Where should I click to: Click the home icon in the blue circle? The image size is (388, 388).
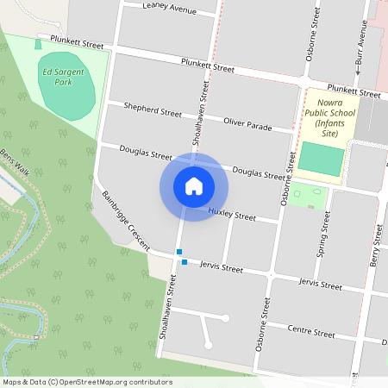[x=194, y=186]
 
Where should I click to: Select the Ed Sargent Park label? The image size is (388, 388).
[x=63, y=78]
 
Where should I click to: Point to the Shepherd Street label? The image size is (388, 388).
[x=153, y=113]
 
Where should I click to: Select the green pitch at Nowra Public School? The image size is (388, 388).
[x=321, y=160]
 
